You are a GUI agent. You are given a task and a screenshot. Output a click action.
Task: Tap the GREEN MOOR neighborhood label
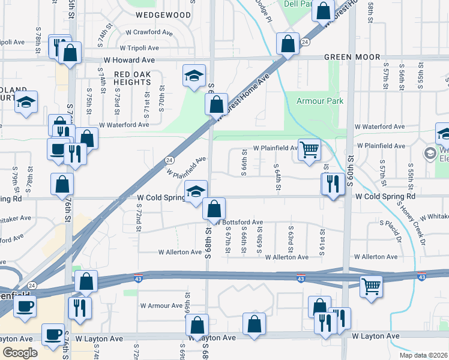point(352,57)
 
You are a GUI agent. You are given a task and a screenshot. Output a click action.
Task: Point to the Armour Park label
point(320,101)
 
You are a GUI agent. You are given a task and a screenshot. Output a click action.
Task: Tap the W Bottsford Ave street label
point(240,222)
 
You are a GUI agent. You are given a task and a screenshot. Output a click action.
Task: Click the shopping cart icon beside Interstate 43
point(371,286)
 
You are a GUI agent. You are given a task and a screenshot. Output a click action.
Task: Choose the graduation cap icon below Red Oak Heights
point(194,76)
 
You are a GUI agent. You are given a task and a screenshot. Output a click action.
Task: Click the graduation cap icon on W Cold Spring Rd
point(195,191)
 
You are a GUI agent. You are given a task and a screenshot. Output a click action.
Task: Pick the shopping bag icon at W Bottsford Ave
point(214,209)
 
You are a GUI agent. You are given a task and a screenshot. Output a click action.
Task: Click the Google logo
point(20,353)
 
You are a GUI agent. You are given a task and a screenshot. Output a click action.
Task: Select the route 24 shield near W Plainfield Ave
point(169,160)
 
